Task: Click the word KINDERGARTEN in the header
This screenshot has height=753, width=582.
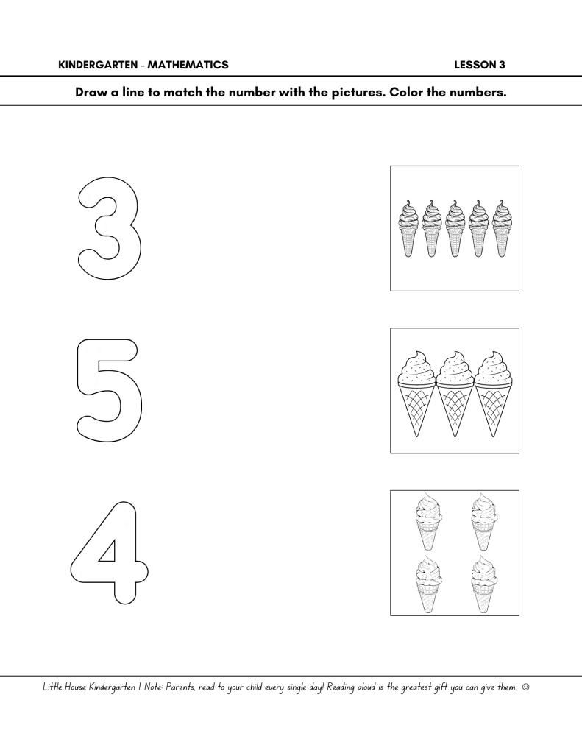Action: tap(96, 65)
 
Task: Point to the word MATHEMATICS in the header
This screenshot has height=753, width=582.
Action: tap(188, 65)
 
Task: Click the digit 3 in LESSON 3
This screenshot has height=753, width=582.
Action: tap(502, 65)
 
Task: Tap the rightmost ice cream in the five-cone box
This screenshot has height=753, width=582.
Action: tap(501, 229)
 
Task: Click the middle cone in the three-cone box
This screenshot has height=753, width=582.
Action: tap(455, 395)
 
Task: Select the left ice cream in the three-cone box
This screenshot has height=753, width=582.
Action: tap(416, 395)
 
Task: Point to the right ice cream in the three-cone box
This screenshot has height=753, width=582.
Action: tap(494, 395)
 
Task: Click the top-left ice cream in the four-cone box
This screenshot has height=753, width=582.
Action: tap(427, 523)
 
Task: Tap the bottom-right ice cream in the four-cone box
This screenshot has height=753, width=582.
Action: tap(483, 584)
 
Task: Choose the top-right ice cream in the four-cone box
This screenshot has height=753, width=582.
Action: tap(483, 523)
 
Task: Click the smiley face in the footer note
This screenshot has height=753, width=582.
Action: tap(525, 687)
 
